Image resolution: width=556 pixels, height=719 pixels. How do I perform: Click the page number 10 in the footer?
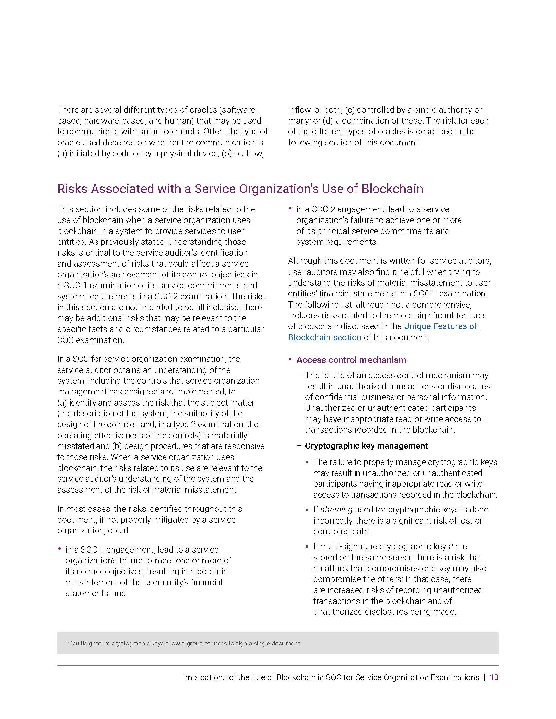(494, 677)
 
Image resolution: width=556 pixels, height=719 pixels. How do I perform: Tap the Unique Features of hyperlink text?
(441, 326)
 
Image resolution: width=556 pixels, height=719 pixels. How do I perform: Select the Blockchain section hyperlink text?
(324, 338)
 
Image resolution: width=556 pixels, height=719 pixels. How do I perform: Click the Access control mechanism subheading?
(351, 360)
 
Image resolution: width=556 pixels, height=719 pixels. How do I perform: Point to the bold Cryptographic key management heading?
(366, 446)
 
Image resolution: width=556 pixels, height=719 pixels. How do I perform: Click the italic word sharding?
(336, 510)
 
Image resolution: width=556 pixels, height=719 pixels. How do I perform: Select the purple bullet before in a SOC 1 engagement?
(59, 549)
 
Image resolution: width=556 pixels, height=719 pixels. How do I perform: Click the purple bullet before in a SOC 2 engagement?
(290, 209)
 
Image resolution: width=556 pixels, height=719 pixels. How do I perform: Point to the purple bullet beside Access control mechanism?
(290, 359)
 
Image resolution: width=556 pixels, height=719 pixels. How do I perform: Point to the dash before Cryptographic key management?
(299, 446)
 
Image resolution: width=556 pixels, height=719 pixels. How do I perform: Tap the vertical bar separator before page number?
(484, 677)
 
